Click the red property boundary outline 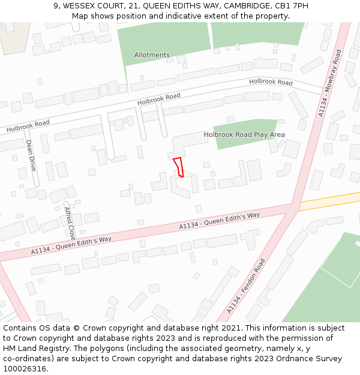(178, 166)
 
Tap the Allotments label (152, 55)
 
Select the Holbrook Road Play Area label (244, 135)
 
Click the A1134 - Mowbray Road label (329, 83)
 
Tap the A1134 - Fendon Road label (246, 286)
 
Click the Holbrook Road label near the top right (271, 82)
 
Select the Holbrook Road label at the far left (28, 126)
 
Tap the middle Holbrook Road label (158, 100)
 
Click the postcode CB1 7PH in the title (294, 5)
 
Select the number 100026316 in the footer (24, 368)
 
